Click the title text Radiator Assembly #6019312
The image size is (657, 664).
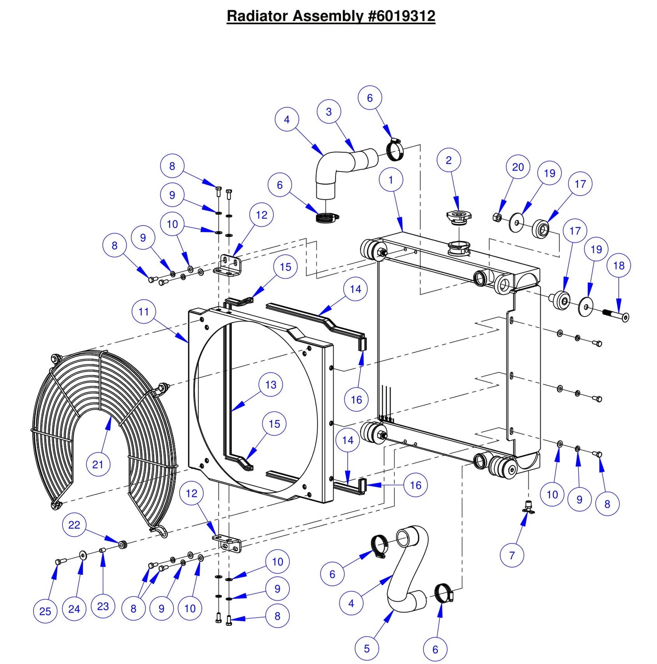[x=331, y=16]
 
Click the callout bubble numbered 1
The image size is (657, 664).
[x=391, y=180]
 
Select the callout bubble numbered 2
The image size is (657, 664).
[x=449, y=160]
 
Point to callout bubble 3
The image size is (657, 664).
[x=329, y=112]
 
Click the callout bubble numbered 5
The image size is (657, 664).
[x=367, y=649]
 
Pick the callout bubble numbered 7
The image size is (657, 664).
[x=512, y=555]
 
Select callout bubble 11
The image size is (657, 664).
[x=144, y=312]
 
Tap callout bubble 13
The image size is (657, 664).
[x=271, y=385]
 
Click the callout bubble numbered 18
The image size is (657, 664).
[x=619, y=266]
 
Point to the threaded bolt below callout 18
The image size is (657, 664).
[x=615, y=314]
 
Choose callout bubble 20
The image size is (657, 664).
[x=518, y=167]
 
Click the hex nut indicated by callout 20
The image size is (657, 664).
[x=497, y=217]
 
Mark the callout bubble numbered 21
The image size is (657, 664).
[x=98, y=464]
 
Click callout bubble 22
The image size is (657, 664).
[x=74, y=525]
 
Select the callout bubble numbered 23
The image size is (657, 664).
[x=103, y=606]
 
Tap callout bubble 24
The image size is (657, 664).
[x=74, y=609]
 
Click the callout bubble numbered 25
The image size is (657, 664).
[x=45, y=611]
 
